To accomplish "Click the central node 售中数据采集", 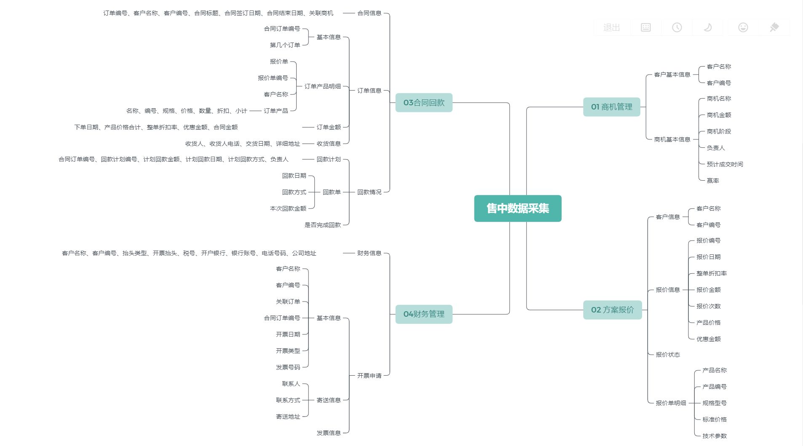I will click(x=517, y=208).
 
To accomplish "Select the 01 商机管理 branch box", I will click(x=611, y=107).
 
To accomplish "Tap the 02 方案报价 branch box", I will click(x=612, y=310).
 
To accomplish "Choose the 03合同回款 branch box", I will click(x=424, y=103).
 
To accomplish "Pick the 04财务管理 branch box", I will click(x=424, y=314).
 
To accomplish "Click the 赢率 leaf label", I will click(x=713, y=181).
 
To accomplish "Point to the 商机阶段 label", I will click(x=719, y=131).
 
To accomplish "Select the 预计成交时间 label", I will click(x=725, y=164).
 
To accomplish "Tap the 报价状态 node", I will click(x=668, y=355).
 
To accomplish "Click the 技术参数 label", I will click(x=715, y=436).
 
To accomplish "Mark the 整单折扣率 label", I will click(x=711, y=273).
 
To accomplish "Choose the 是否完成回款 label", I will click(x=322, y=225).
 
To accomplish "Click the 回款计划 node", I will click(x=329, y=159).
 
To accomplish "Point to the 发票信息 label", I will click(x=329, y=433).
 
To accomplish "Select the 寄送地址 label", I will click(x=288, y=417).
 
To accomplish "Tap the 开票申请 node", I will click(x=369, y=376).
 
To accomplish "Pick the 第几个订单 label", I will click(x=285, y=45).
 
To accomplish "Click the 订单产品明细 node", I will click(x=322, y=86).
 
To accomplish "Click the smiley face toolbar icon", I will click(x=743, y=27).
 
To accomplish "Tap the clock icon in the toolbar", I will click(x=677, y=27).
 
